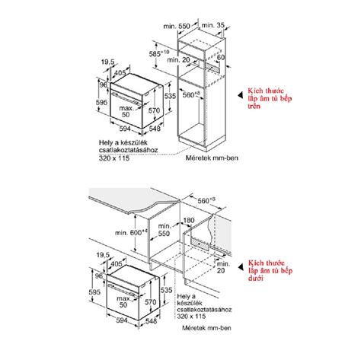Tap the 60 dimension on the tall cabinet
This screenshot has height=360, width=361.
point(221,57)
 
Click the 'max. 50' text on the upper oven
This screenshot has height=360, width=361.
point(115,110)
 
